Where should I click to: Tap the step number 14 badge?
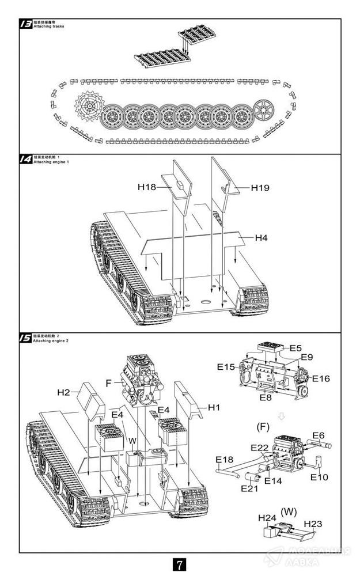(x=26, y=160)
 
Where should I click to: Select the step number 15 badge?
(x=26, y=339)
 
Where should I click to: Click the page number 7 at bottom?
(x=180, y=563)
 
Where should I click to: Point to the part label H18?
(x=147, y=187)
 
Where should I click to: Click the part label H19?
(x=260, y=187)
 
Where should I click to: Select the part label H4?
(x=262, y=237)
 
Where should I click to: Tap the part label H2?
(x=63, y=392)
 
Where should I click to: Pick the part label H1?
(x=214, y=407)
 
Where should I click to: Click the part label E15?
(x=226, y=366)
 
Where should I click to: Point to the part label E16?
(x=321, y=378)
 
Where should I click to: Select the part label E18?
(x=224, y=459)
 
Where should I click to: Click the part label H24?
(x=267, y=518)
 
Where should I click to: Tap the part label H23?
(x=312, y=523)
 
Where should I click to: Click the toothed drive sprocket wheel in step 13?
(x=88, y=107)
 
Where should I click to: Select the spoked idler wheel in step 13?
(x=265, y=107)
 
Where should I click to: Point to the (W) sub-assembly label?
(x=287, y=510)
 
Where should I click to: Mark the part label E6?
(x=319, y=435)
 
